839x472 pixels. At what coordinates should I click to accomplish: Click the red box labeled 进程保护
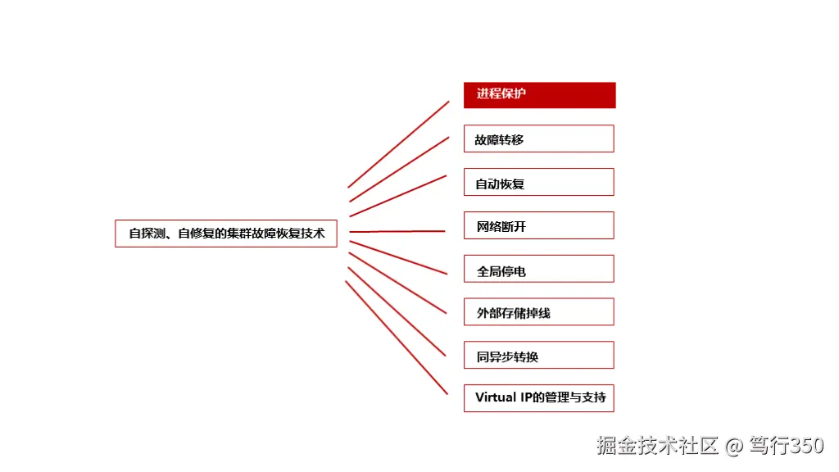pos(539,95)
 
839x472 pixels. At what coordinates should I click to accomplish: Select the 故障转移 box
pos(539,138)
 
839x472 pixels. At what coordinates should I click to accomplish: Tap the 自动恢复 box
pos(539,182)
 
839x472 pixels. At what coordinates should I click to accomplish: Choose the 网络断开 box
pos(539,225)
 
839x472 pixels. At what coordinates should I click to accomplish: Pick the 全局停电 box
pos(539,269)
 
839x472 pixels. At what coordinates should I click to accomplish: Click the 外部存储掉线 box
pos(539,311)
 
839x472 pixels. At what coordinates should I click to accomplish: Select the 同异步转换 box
pos(539,355)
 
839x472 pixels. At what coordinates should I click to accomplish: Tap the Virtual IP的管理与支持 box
pos(539,398)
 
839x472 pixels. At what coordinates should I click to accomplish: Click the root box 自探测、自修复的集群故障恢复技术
pos(226,234)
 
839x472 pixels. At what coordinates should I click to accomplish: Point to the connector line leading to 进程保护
pos(399,144)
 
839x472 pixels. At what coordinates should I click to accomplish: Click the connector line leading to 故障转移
pos(399,169)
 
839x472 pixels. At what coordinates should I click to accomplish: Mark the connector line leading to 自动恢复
pos(398,196)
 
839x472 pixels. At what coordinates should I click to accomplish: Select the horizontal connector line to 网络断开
pos(397,231)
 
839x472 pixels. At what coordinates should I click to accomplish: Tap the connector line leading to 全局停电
pos(398,257)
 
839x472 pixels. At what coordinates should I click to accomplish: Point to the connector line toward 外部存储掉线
pos(397,283)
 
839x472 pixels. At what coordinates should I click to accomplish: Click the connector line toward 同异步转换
pos(397,311)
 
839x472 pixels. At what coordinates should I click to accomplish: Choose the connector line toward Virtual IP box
pos(397,338)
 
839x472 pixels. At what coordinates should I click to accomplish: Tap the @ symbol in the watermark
pos(734,446)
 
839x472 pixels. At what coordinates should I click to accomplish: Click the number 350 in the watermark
pos(807,445)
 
